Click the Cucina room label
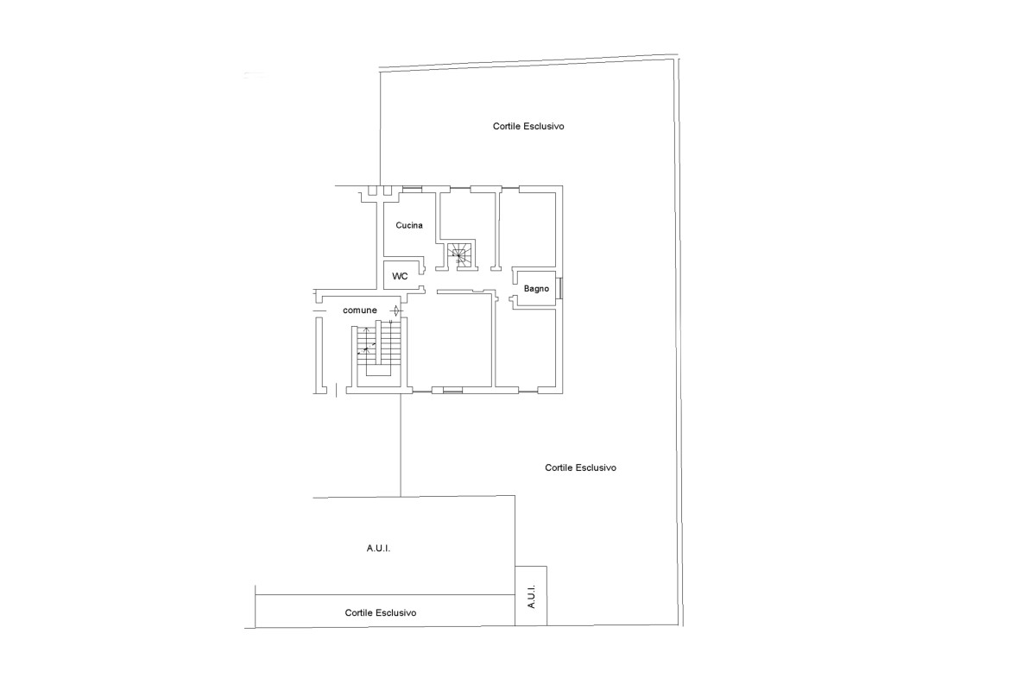[409, 225]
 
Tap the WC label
[400, 276]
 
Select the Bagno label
[536, 289]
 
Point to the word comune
[360, 310]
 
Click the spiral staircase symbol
[458, 255]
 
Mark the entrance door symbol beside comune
[396, 310]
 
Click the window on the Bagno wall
[559, 288]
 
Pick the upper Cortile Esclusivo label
[528, 126]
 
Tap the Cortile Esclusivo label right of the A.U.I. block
[580, 467]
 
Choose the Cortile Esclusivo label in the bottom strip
[381, 613]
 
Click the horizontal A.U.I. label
[378, 549]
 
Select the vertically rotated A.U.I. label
[532, 597]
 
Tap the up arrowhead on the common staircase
[366, 330]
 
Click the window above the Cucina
[412, 189]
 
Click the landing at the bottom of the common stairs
[384, 381]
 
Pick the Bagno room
[536, 288]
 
